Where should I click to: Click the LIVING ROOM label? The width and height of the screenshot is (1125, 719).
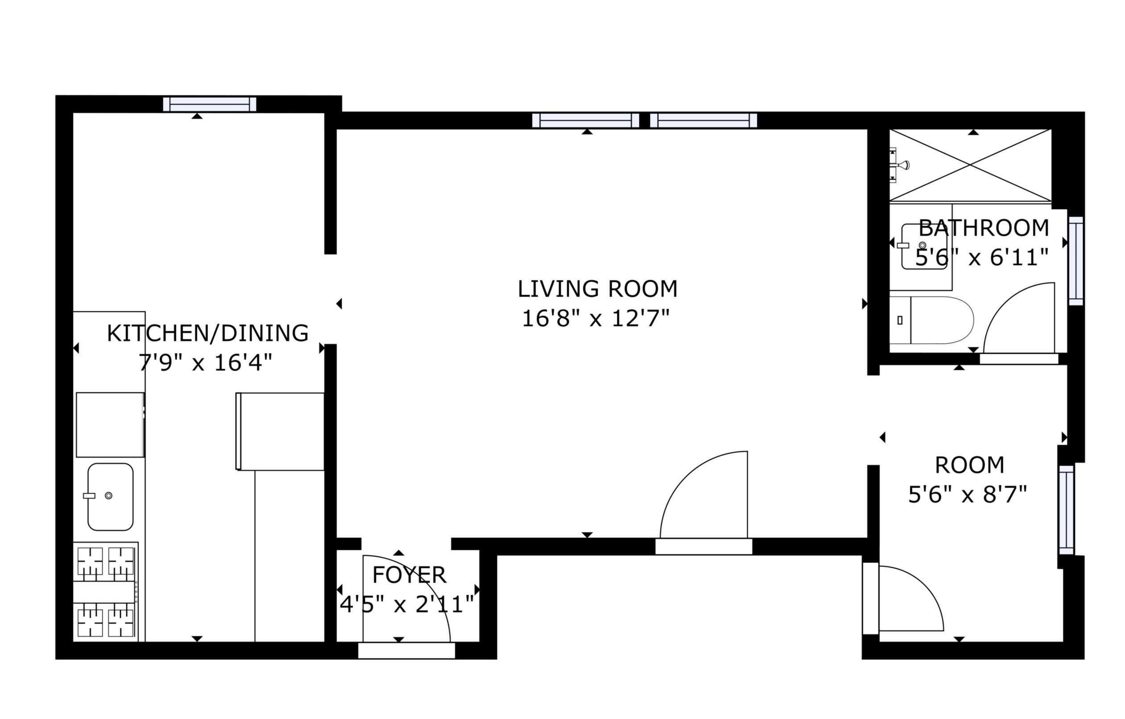point(597,289)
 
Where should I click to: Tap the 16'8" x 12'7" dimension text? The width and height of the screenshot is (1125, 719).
point(596,319)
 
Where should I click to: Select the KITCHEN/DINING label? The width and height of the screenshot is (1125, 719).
point(207,333)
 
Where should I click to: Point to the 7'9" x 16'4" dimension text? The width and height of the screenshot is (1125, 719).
point(205,363)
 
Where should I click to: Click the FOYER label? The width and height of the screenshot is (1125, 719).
point(409,575)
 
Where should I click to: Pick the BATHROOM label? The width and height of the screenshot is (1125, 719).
point(984,228)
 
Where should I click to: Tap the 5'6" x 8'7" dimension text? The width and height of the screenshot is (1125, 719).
point(968,494)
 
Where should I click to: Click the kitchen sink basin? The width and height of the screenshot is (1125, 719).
point(110,497)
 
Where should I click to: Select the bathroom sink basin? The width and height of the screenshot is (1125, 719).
point(924,247)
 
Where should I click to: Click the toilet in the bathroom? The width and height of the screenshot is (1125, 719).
point(931,320)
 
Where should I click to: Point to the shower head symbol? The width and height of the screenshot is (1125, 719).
point(899,165)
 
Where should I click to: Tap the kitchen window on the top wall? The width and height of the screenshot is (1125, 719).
point(210,104)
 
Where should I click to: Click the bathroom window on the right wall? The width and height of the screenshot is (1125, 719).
point(1076,261)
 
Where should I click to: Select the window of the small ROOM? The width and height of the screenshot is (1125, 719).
point(1067,510)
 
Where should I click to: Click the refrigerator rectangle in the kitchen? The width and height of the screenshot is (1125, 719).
point(280,431)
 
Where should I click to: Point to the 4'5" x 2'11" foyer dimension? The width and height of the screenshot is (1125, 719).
point(406,605)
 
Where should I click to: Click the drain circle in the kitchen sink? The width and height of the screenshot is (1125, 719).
point(109,495)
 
